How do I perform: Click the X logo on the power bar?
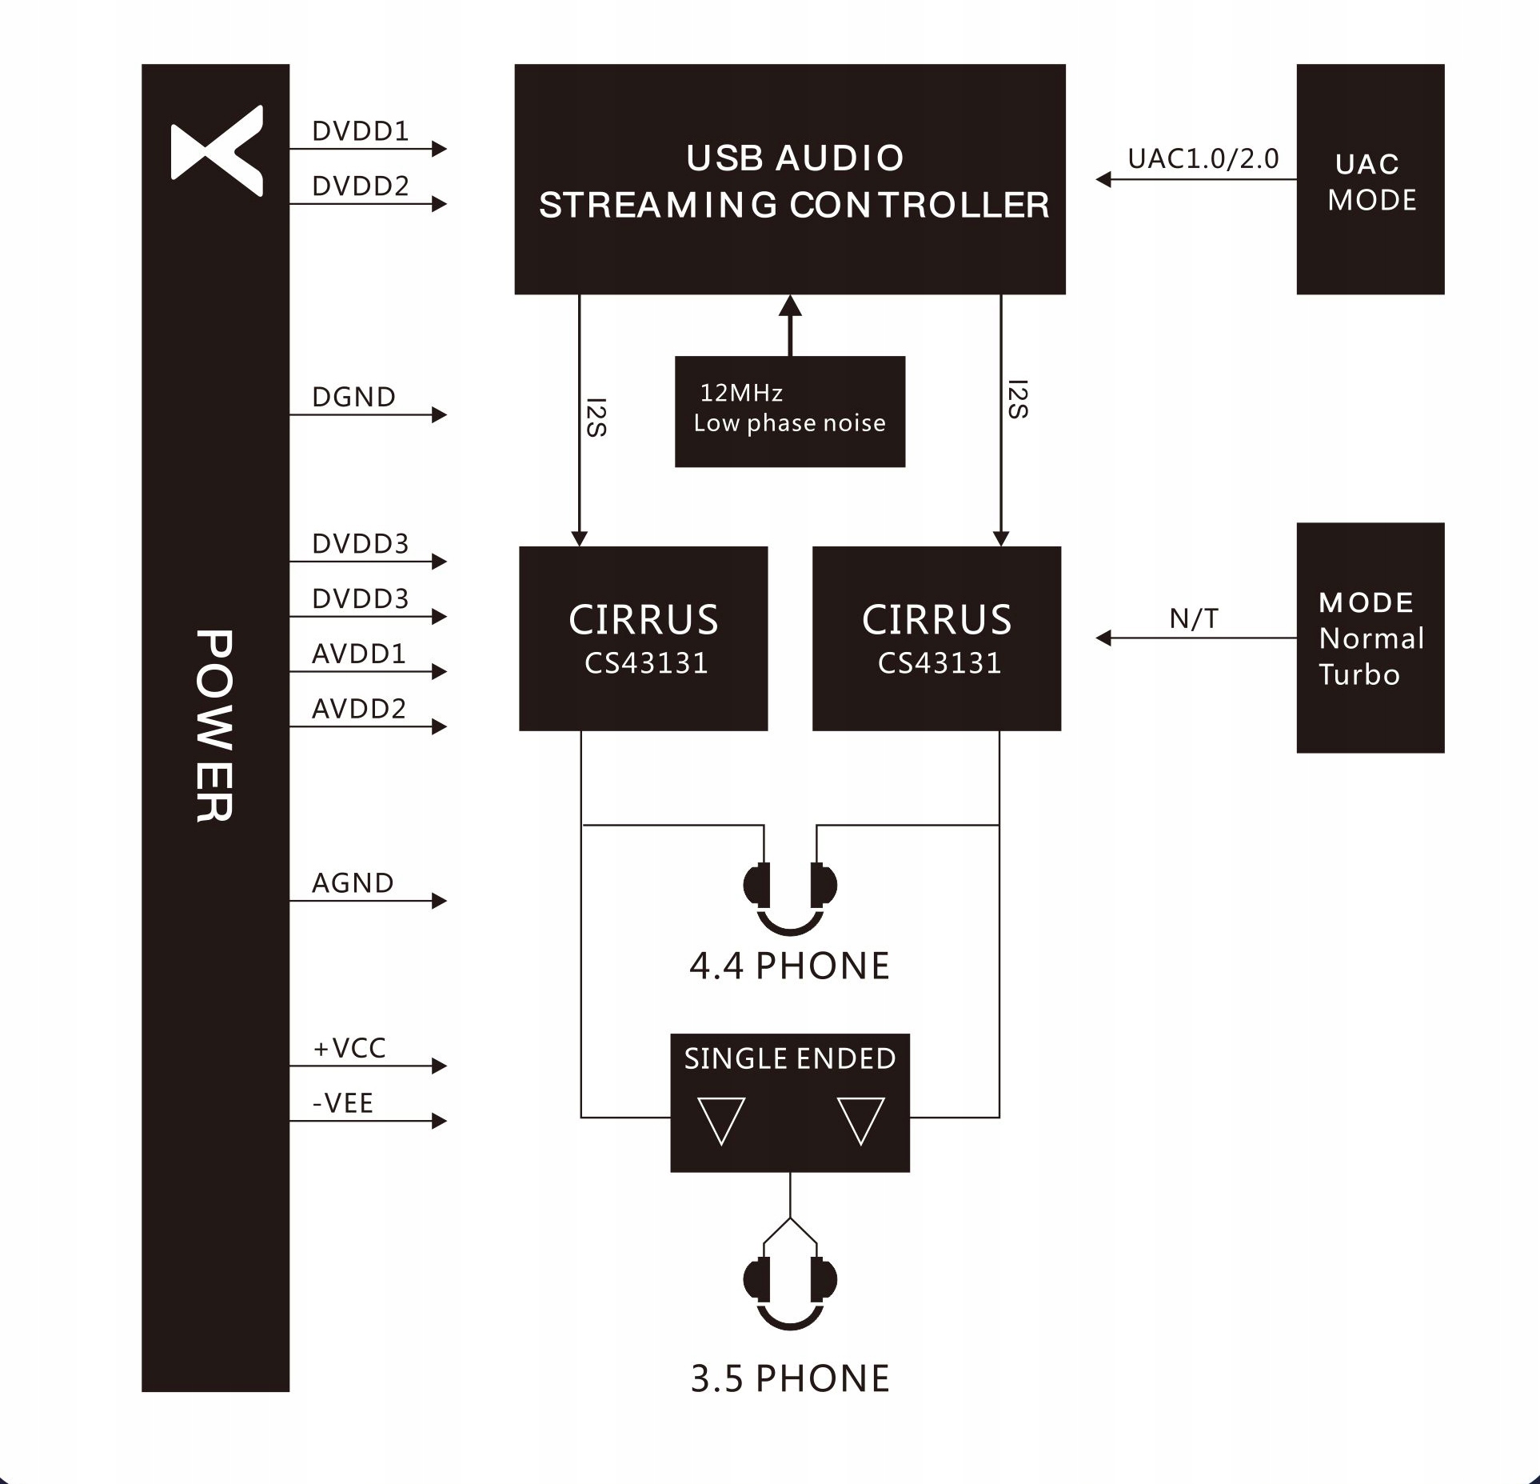[216, 150]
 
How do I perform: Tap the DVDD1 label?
[360, 131]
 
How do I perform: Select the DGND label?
[353, 398]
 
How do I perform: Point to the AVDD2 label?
[358, 709]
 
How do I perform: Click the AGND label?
[353, 883]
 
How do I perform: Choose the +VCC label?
[349, 1049]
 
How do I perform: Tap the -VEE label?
[342, 1104]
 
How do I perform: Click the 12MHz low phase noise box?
[789, 411]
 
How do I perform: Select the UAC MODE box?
[1370, 179]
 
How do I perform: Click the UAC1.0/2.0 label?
[1203, 159]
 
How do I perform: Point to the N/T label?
[1194, 619]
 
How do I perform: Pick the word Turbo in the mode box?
[1359, 675]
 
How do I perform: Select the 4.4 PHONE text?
[789, 966]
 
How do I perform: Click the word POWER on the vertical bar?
[214, 726]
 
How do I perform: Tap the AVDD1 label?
[358, 654]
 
